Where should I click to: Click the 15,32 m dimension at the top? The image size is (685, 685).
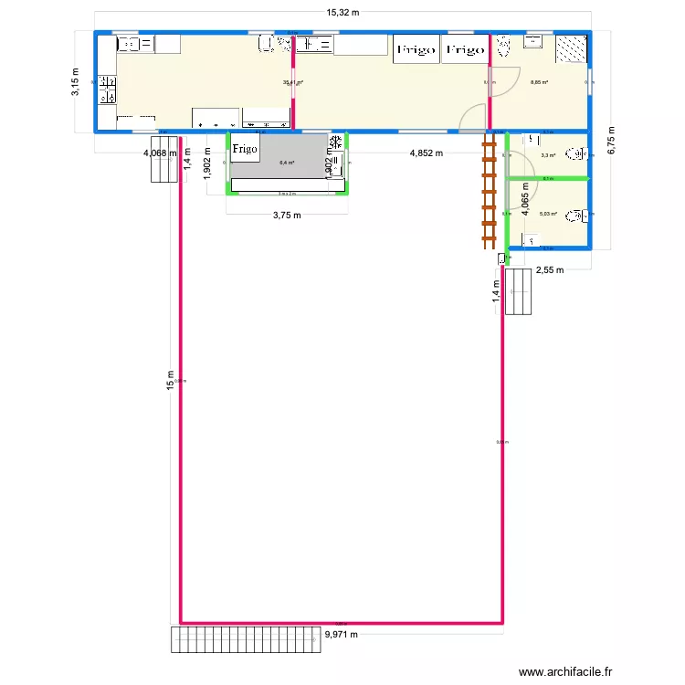click(342, 13)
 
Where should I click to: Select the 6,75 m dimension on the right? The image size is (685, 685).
click(613, 142)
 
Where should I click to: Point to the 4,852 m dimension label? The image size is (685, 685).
click(426, 153)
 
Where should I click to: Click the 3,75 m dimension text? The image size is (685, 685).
click(287, 216)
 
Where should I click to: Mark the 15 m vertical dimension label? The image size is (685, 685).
click(169, 381)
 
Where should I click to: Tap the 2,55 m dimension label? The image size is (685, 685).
click(551, 269)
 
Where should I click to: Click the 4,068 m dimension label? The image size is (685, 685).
click(160, 153)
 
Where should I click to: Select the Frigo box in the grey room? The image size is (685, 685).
click(245, 148)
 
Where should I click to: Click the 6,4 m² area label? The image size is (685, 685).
click(287, 163)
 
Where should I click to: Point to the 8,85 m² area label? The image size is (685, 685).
click(540, 82)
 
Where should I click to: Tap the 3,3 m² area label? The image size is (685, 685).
click(548, 155)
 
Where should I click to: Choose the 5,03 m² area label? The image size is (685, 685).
click(548, 214)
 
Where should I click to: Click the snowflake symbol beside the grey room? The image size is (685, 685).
click(336, 142)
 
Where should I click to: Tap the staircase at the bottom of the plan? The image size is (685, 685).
click(247, 639)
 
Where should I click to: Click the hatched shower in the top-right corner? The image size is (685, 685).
click(571, 47)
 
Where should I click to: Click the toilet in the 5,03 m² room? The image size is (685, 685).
click(574, 216)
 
